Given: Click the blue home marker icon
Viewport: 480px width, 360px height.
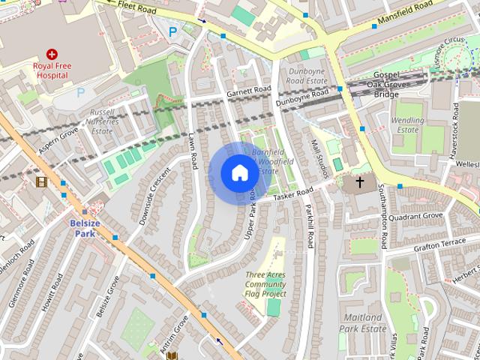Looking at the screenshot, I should pyautogui.click(x=239, y=173).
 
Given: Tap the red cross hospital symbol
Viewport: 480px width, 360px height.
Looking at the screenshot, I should pyautogui.click(x=52, y=54).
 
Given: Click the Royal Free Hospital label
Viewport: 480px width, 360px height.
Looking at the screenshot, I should pyautogui.click(x=52, y=70).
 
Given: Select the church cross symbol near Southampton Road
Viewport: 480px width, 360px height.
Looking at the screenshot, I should pyautogui.click(x=360, y=181).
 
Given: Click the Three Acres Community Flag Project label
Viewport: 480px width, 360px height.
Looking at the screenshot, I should pyautogui.click(x=265, y=284).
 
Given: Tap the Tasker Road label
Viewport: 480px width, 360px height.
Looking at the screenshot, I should pyautogui.click(x=292, y=194).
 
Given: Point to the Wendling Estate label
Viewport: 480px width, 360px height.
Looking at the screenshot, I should pyautogui.click(x=408, y=124).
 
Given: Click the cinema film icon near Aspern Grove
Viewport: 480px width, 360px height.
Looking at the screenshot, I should pyautogui.click(x=41, y=181).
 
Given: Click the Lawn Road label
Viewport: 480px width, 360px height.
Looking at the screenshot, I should pyautogui.click(x=191, y=151).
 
